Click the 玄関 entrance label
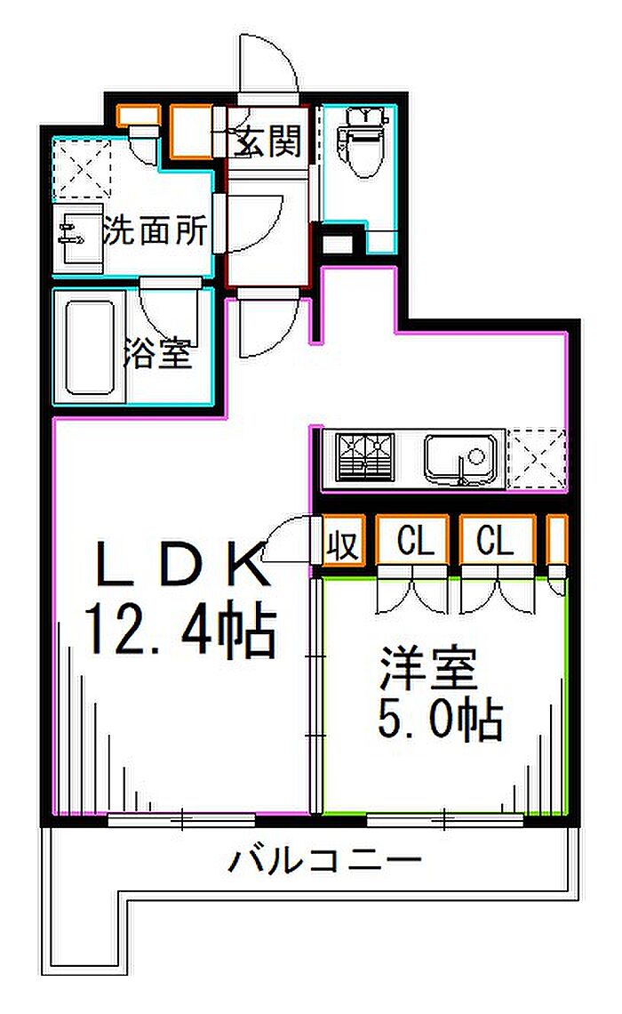tap(268, 140)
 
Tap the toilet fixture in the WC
tap(359, 142)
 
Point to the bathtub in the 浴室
tap(90, 347)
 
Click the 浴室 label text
tap(157, 354)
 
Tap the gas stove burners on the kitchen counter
tap(364, 456)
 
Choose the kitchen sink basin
tap(462, 457)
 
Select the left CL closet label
tap(416, 541)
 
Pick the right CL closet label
tap(496, 541)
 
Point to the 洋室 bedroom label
tap(429, 672)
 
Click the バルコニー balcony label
tap(323, 860)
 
